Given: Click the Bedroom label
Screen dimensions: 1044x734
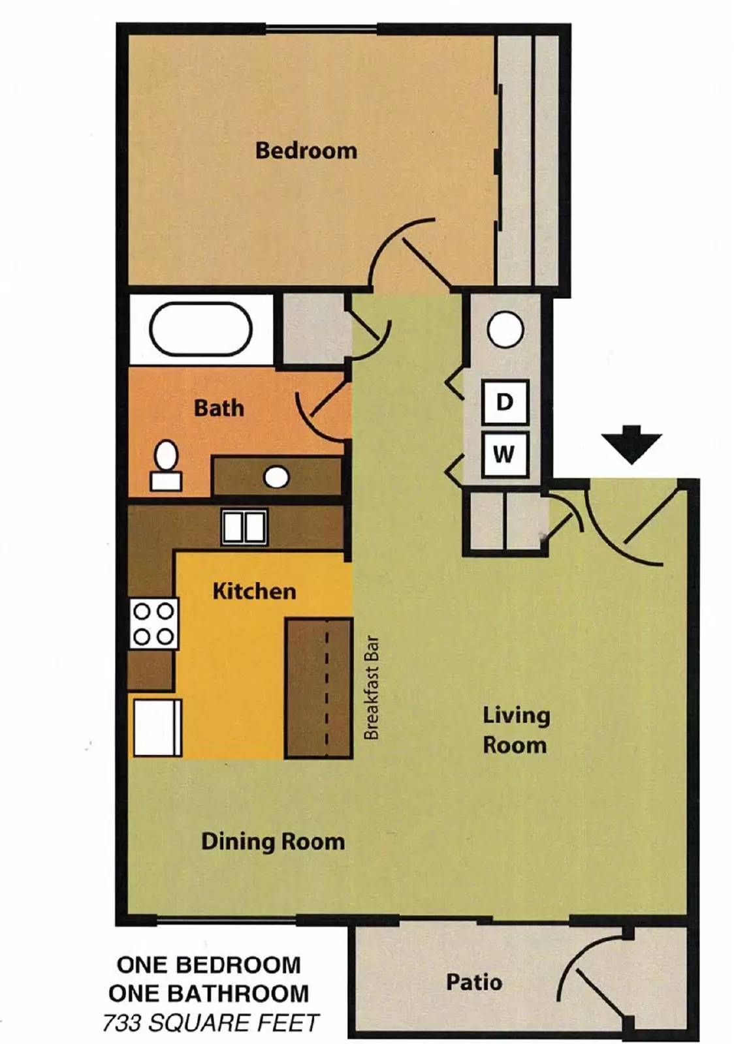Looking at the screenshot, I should (x=306, y=150).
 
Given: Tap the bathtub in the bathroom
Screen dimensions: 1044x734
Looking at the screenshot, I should (x=200, y=330).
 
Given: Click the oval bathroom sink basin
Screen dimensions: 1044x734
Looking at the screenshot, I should (x=276, y=477).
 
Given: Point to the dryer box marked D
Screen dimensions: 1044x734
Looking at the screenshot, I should (x=504, y=402).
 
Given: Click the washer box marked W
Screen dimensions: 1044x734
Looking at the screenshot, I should (x=504, y=453).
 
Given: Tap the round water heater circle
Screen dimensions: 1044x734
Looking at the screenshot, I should (x=505, y=330).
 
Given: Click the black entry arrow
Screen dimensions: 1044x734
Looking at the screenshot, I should (x=631, y=444).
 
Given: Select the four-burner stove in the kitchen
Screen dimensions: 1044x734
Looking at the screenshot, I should (x=153, y=624).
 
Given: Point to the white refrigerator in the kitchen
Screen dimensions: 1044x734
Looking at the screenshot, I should (x=157, y=728).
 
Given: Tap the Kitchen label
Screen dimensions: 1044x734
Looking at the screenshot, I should (x=254, y=591).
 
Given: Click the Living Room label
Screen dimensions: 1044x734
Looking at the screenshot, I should (x=515, y=730).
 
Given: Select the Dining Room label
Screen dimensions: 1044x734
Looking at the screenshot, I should (x=273, y=841).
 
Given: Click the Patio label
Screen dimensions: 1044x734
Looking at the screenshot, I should (x=473, y=981).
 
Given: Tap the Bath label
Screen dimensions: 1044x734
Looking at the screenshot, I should (x=219, y=408).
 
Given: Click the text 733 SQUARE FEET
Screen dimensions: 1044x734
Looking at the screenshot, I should (x=210, y=1022).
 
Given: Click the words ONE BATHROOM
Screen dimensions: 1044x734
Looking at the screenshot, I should (x=208, y=993).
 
